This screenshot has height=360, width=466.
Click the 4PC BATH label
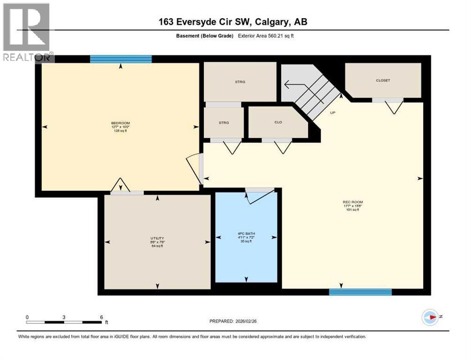(x=246, y=233)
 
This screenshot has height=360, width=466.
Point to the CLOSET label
(x=383, y=80)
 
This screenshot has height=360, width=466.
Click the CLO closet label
(x=278, y=122)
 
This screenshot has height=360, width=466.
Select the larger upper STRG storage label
(x=240, y=82)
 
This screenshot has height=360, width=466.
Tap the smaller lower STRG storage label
(x=224, y=122)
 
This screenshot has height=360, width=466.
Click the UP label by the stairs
(x=332, y=112)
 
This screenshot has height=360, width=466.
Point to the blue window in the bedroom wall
(x=121, y=59)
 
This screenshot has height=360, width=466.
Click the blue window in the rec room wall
(x=360, y=292)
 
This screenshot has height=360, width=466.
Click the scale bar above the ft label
(x=64, y=322)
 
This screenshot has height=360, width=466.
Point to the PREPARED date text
(x=237, y=321)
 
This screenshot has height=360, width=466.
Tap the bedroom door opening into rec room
(x=194, y=169)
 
